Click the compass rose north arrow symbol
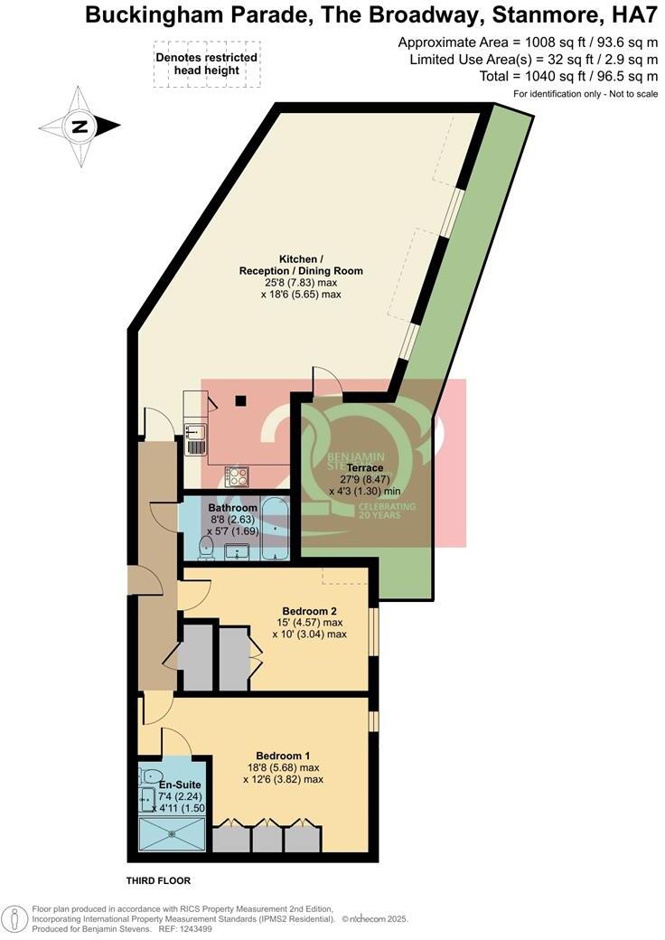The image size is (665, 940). [80, 127]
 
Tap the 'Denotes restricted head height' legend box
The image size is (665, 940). [207, 64]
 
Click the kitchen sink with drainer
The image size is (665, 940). [195, 438]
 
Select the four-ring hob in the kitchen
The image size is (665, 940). [237, 475]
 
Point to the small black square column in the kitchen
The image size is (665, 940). [241, 400]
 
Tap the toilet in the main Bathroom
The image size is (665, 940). [204, 545]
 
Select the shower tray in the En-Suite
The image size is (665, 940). [172, 835]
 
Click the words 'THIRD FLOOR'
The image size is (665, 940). [158, 879]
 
